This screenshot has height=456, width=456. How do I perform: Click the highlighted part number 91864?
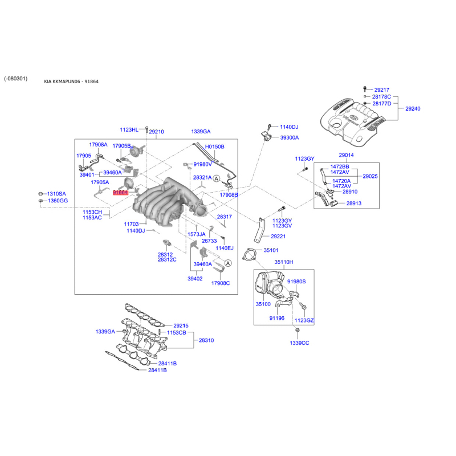click(x=120, y=193)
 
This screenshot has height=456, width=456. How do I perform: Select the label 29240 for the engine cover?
click(x=413, y=108)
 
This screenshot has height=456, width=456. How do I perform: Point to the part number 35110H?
click(x=283, y=262)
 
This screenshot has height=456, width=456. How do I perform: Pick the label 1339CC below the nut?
click(x=299, y=343)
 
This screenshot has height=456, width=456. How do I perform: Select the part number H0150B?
click(x=215, y=146)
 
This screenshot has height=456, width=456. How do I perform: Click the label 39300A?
click(x=289, y=138)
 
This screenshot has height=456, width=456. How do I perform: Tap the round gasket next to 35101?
click(x=249, y=254)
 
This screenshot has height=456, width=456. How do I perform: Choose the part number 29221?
click(x=278, y=237)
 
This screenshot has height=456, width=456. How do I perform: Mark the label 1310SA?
click(x=56, y=194)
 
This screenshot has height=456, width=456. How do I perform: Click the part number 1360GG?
click(x=57, y=201)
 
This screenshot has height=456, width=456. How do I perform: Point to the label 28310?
click(x=206, y=340)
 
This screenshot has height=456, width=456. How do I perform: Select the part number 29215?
click(x=181, y=326)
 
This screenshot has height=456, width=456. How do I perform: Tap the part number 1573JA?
click(x=197, y=234)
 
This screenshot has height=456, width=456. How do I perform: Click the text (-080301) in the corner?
click(x=15, y=79)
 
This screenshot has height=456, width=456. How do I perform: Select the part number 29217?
click(x=382, y=89)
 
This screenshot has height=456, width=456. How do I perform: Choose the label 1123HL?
click(x=129, y=130)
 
